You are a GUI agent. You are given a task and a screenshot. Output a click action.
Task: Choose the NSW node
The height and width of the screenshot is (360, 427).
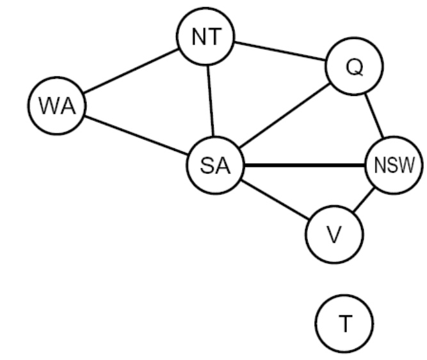(x=393, y=166)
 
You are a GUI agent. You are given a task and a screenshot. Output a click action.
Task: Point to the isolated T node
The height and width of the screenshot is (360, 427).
(x=344, y=324)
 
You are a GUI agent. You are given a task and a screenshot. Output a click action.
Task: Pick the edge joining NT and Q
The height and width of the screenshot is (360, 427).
(x=280, y=53)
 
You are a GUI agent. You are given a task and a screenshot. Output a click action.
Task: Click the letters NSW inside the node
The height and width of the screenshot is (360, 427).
(x=394, y=166)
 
